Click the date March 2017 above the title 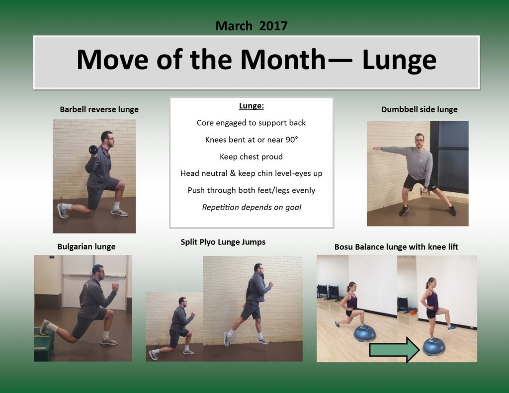[252, 26]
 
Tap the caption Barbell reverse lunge [99, 109]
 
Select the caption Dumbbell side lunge [419, 109]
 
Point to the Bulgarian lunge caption [86, 246]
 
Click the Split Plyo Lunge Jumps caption [223, 242]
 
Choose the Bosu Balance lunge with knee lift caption [396, 246]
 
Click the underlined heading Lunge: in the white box [252, 106]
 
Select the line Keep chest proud [252, 157]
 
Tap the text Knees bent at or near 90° [252, 140]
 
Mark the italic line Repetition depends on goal [252, 207]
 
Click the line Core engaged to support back [252, 123]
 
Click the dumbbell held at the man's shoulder [92, 150]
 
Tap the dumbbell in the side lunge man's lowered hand [424, 191]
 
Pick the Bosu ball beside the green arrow [434, 346]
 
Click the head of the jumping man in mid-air [258, 268]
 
